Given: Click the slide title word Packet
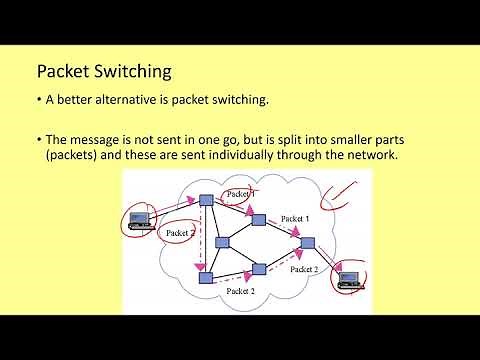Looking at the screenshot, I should (x=63, y=72).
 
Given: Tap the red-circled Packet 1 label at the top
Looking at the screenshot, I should (x=238, y=193).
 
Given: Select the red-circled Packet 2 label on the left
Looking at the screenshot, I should (x=167, y=232).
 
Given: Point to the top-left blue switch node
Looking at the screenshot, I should (x=205, y=200).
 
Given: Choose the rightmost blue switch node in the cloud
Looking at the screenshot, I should (x=307, y=243).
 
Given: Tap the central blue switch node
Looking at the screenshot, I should (x=223, y=241).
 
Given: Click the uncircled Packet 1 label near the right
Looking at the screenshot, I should (x=295, y=218).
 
